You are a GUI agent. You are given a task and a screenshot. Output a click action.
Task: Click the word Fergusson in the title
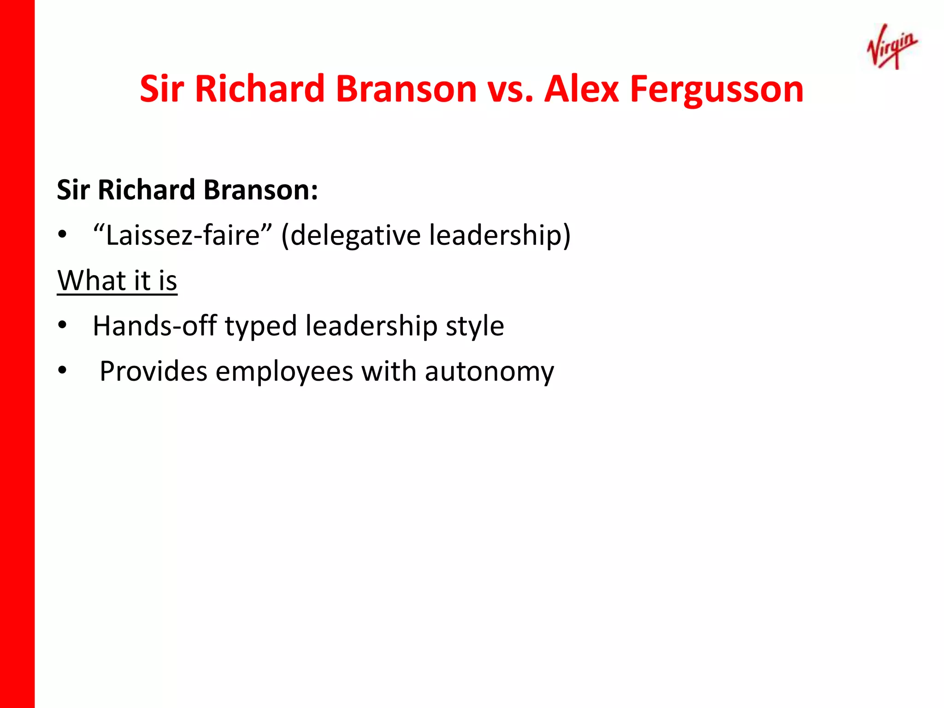[717, 89]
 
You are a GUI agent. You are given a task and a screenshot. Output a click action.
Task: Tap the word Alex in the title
[582, 88]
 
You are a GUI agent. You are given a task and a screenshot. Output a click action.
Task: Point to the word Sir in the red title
[162, 88]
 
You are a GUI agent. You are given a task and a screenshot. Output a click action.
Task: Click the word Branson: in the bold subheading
[261, 190]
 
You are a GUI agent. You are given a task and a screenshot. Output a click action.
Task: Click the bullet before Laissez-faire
[62, 235]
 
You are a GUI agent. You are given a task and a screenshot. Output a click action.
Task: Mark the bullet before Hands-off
[62, 325]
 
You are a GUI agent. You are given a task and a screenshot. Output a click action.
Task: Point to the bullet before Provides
[62, 370]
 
